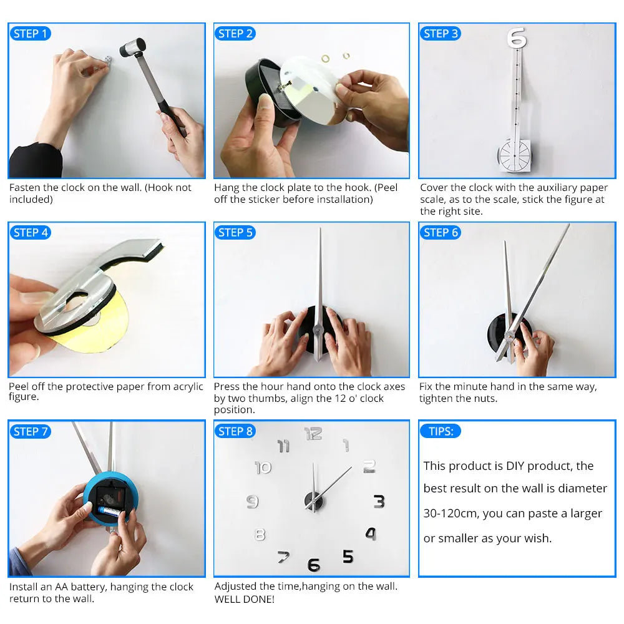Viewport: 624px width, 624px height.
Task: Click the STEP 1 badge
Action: coord(30,34)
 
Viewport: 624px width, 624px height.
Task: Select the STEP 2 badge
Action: coord(235,34)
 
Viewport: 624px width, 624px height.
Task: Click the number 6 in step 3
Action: coord(517,37)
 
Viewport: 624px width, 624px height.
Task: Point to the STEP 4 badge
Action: coord(30,233)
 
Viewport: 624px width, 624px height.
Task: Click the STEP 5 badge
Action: coord(235,233)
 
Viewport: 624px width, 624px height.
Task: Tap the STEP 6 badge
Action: coord(441,233)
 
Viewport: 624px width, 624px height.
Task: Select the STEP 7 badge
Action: coord(30,432)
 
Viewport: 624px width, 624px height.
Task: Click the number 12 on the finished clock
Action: coord(313,433)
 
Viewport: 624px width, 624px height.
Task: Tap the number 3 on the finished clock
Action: coord(379,501)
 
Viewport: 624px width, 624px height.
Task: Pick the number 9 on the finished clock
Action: coord(252,501)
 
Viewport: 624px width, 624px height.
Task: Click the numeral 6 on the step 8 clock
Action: coord(314,565)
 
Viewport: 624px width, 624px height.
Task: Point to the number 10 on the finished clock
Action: coord(263,467)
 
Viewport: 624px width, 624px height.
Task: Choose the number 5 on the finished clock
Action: coord(348,556)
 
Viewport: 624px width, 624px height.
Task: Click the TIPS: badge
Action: coord(441,431)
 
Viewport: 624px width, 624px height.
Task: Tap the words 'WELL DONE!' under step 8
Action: coord(244,599)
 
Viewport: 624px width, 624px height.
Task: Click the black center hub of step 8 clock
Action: coord(313,500)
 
